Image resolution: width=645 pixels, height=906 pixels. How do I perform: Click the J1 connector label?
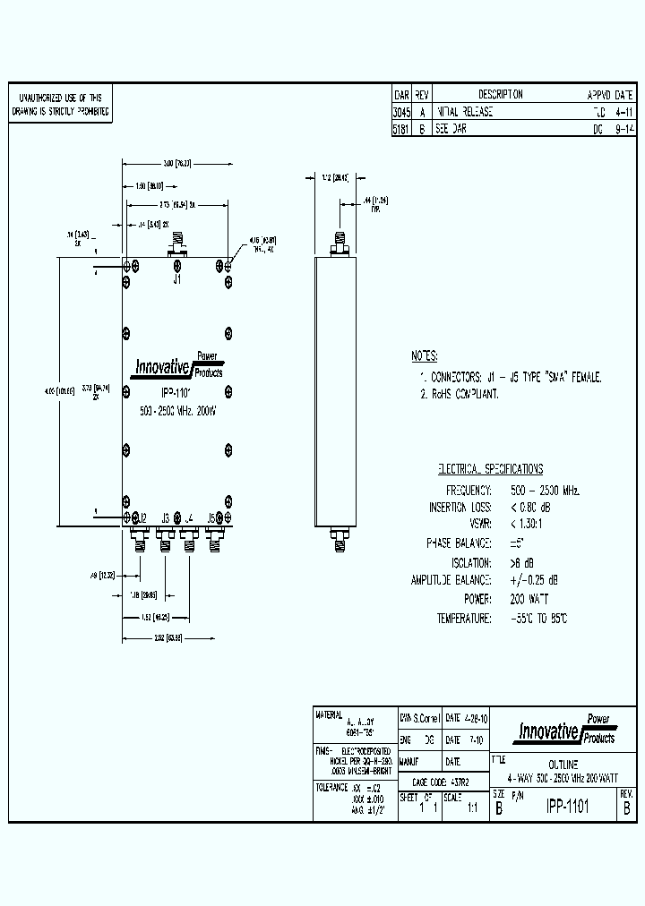point(177,279)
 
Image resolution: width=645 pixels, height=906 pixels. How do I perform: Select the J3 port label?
point(166,517)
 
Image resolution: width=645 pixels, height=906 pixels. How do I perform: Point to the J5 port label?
point(212,517)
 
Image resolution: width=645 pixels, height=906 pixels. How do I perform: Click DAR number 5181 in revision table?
point(401,129)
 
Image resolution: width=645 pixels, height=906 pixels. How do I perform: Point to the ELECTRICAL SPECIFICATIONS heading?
point(490,469)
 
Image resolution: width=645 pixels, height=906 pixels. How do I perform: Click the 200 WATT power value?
point(530,599)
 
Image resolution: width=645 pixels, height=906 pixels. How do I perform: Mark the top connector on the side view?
point(340,239)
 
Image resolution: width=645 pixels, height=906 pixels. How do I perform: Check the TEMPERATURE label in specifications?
point(464,619)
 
